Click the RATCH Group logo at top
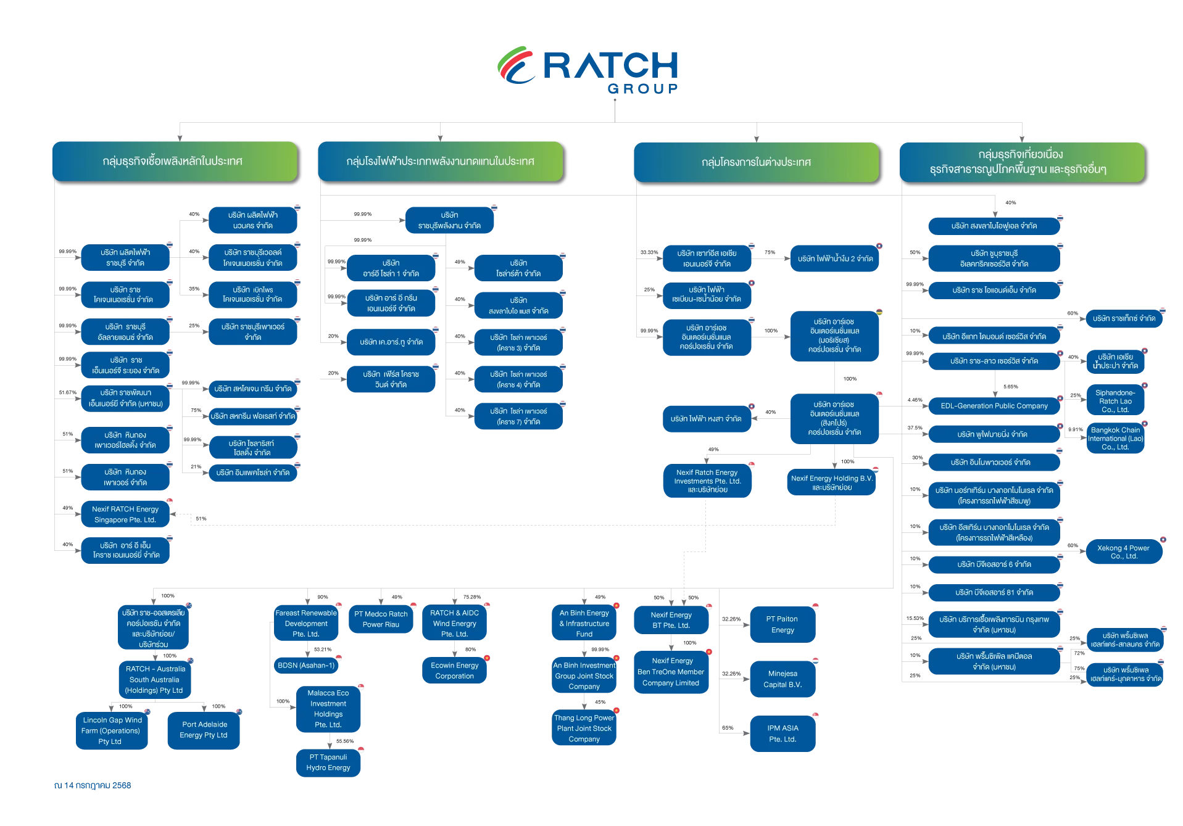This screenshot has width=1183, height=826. click(x=587, y=69)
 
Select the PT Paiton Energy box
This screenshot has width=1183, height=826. click(x=782, y=624)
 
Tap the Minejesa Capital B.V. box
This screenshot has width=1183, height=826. click(x=782, y=679)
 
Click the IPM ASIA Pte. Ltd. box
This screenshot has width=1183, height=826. click(x=782, y=733)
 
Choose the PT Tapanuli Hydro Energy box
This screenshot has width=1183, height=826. click(x=328, y=762)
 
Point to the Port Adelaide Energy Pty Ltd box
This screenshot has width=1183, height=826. click(x=204, y=730)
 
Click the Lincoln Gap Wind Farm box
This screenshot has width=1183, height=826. click(x=111, y=731)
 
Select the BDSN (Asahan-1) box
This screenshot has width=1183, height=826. click(x=306, y=666)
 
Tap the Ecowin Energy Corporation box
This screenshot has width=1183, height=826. click(x=455, y=671)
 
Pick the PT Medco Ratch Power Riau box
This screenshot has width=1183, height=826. click(x=381, y=619)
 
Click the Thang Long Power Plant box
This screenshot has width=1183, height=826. click(x=584, y=729)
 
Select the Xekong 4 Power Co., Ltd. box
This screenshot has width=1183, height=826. click(x=1123, y=552)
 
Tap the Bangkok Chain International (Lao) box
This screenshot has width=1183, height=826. click(x=1115, y=439)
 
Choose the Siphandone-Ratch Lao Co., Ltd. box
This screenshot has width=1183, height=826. click(x=1115, y=401)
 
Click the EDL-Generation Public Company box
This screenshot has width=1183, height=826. click(x=994, y=406)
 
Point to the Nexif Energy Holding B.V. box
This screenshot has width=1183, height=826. click(x=832, y=483)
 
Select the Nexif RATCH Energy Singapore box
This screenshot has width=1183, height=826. click(x=125, y=514)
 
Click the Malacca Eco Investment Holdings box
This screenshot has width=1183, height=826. click(x=328, y=709)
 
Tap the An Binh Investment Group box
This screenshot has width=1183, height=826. click(x=584, y=676)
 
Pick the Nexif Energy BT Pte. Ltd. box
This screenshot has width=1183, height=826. click(x=671, y=620)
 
